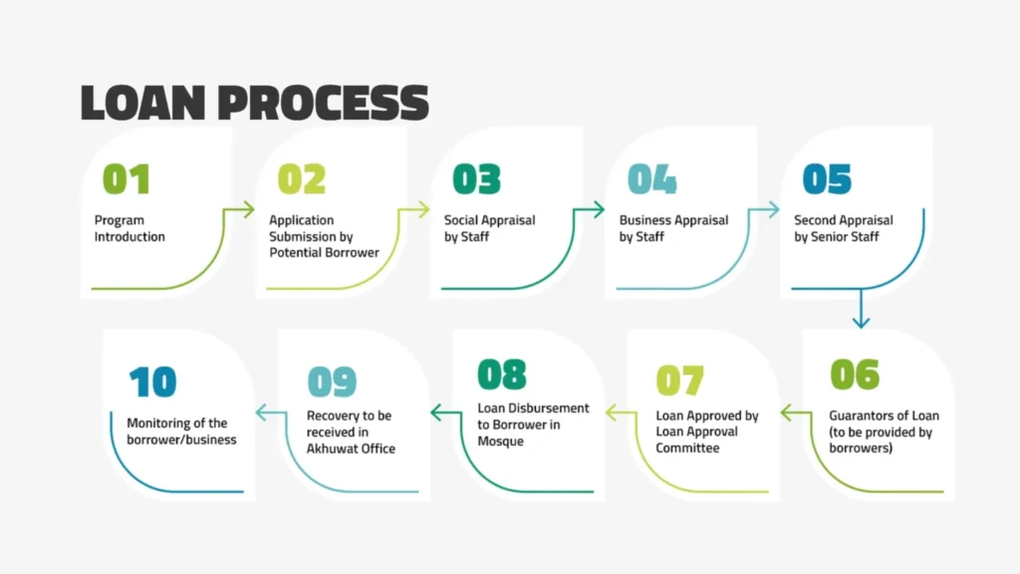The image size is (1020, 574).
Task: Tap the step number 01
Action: (127, 179)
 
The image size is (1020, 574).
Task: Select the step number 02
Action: (302, 179)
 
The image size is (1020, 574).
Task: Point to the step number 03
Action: (476, 179)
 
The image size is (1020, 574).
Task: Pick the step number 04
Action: (651, 179)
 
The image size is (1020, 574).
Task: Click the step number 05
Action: (827, 179)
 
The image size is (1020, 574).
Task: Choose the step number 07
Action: (679, 380)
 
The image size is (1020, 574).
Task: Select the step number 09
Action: (332, 382)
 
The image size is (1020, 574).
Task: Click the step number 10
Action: (152, 382)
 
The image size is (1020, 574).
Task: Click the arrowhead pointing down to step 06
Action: (861, 321)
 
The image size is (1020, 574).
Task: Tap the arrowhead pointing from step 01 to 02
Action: (248, 209)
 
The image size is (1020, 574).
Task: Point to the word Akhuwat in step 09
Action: (333, 448)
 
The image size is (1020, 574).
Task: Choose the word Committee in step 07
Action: (687, 448)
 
